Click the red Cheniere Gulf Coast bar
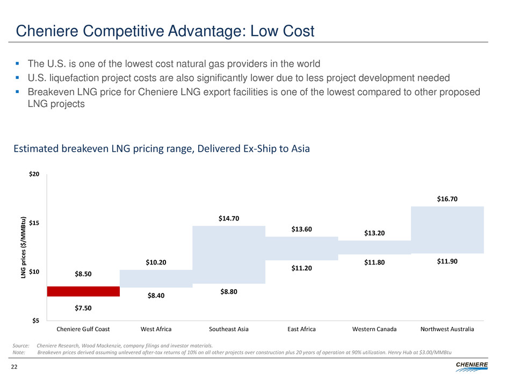pos(83,291)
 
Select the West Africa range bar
pos(156,278)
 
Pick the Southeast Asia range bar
pos(229,254)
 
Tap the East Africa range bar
pos(301,248)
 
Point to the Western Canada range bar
pos(374,247)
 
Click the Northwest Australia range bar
pos(447,230)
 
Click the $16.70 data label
pos(447,199)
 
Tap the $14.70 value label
pos(229,218)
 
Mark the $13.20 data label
pos(374,233)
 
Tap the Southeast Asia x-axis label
pos(229,328)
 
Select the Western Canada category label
pos(374,328)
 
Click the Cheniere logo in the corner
pos(471,366)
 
